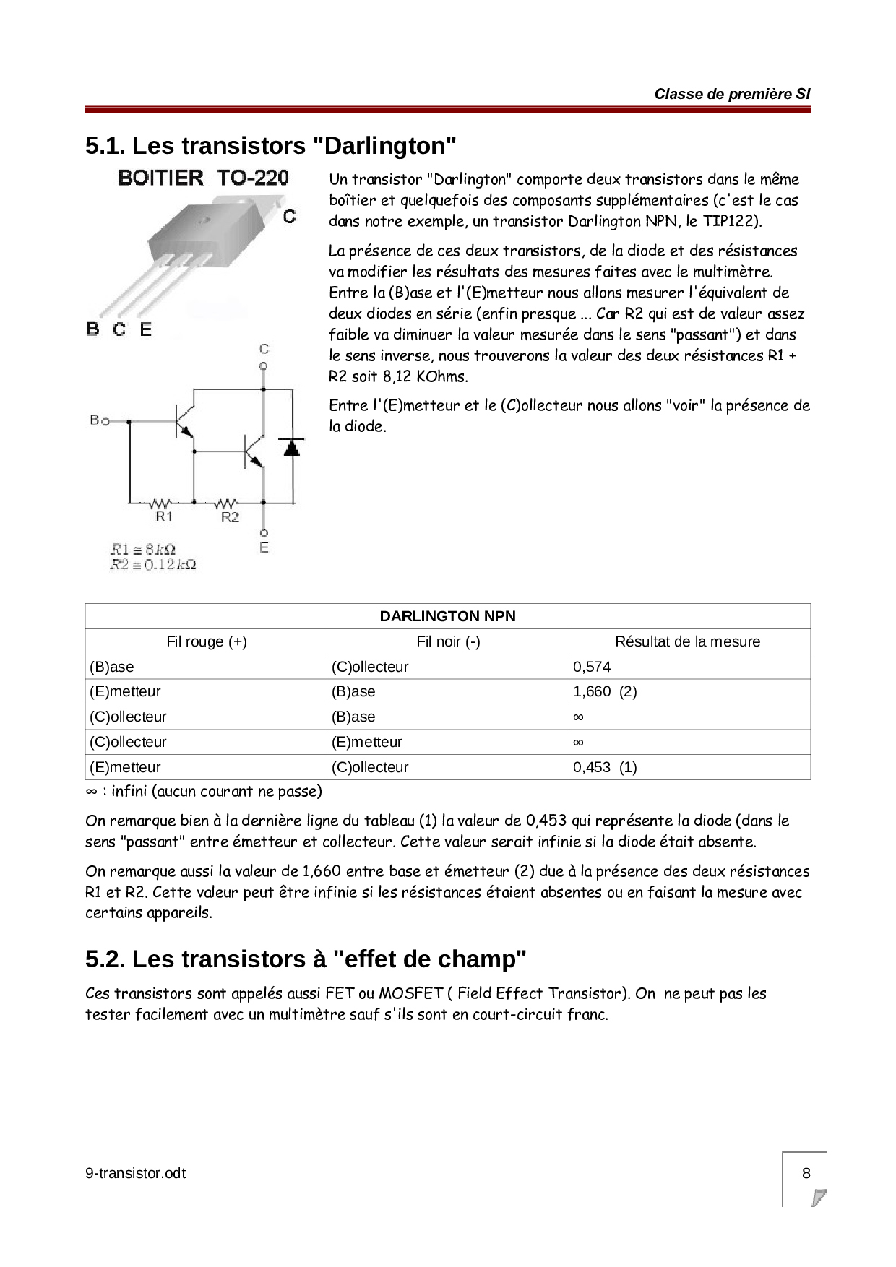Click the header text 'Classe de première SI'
point(732,94)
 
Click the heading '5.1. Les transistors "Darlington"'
point(271,146)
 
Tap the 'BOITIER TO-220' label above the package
point(203,178)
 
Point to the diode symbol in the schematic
point(292,447)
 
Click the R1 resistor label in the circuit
point(164,517)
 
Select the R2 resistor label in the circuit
point(230,517)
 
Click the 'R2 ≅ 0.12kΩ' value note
point(153,564)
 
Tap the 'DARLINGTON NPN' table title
point(448,616)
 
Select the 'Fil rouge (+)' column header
point(207,641)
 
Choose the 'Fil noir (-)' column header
point(448,641)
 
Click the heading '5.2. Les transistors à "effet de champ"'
point(306,959)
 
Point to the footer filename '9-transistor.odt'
point(135,1174)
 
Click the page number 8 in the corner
point(806,1173)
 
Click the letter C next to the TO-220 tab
point(289,216)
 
